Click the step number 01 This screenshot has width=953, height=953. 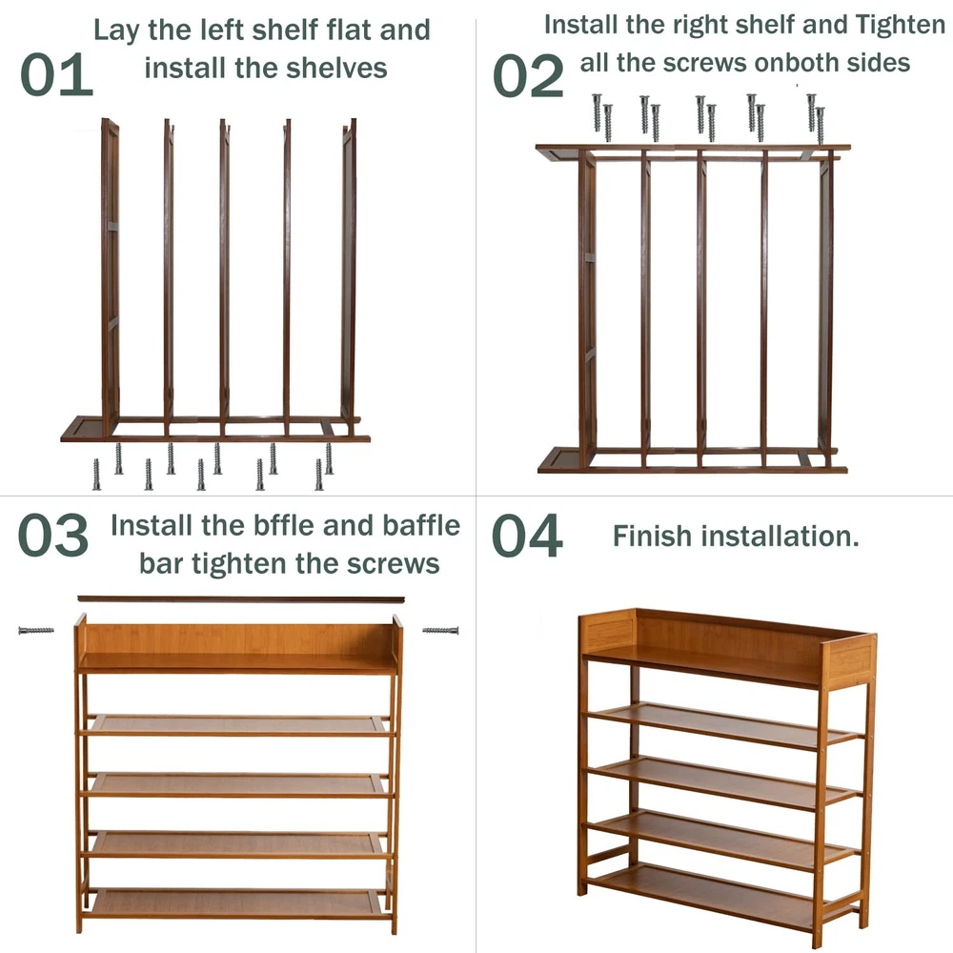coord(56,74)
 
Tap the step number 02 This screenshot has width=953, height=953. coord(528,75)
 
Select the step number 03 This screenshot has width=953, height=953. coord(53,535)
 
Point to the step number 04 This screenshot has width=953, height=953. coord(527,536)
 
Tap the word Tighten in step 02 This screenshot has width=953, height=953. coord(901,25)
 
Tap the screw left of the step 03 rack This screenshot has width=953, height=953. coord(36,631)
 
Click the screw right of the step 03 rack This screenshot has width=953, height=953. coord(440,631)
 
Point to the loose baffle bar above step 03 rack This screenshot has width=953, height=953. coord(241,599)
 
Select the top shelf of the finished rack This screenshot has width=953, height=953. coord(702,665)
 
